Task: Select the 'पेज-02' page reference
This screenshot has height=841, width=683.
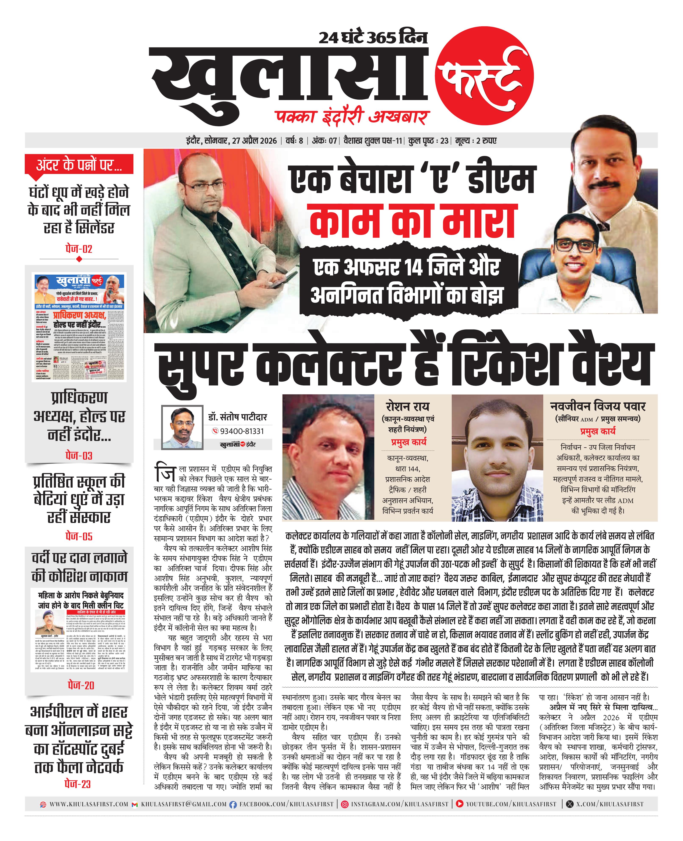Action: pos(79,249)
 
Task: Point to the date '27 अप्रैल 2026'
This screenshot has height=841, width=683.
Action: pos(254,140)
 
